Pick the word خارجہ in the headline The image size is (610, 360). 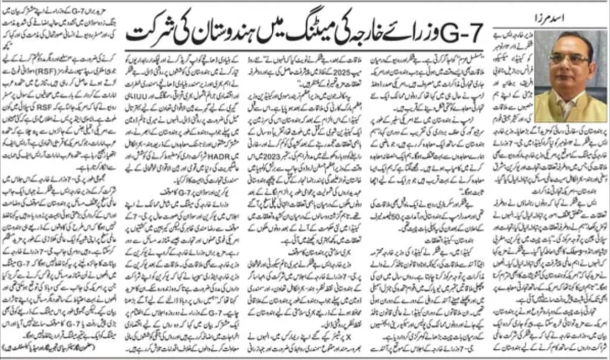[374, 37]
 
